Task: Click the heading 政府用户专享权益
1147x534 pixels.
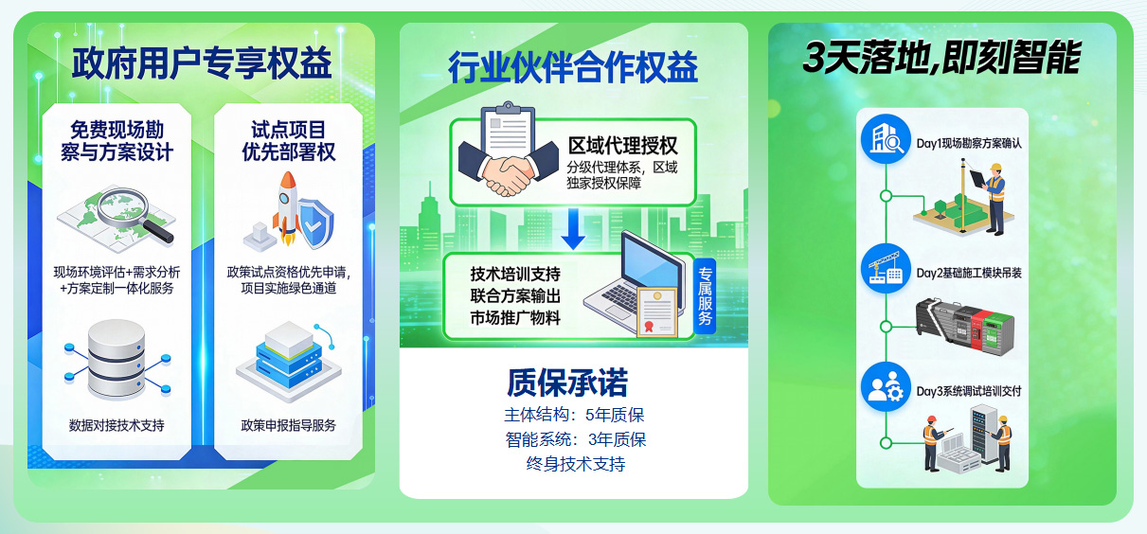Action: [x=201, y=63]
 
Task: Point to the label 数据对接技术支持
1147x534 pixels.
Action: [x=116, y=425]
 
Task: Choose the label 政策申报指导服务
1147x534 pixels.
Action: [x=289, y=425]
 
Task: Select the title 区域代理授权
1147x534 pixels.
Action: [x=622, y=146]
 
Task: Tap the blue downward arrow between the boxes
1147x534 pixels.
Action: [x=572, y=228]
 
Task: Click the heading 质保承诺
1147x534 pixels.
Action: [x=567, y=383]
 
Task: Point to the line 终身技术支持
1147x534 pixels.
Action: [x=576, y=464]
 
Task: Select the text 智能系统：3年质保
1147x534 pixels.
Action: [x=576, y=439]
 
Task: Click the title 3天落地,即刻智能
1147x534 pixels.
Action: [x=941, y=59]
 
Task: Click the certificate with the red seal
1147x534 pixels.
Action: [x=654, y=311]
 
